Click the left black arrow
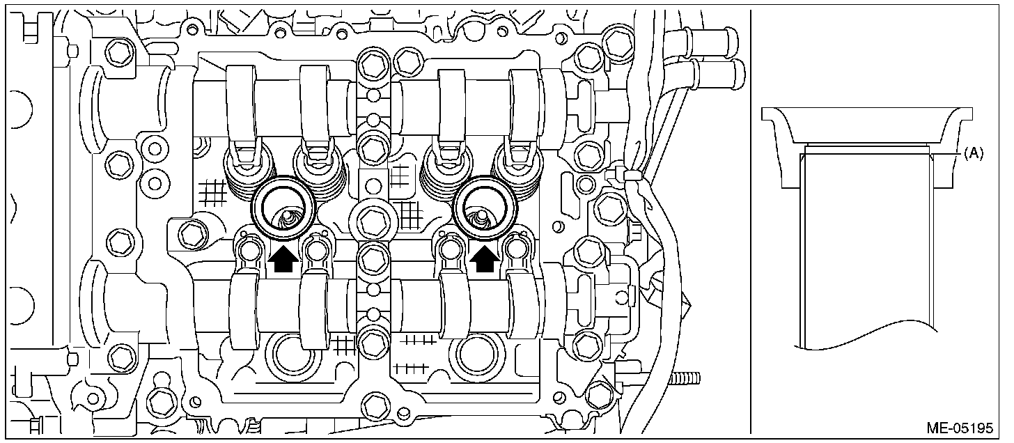(x=281, y=259)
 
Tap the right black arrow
(x=485, y=259)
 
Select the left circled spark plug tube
(x=283, y=206)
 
